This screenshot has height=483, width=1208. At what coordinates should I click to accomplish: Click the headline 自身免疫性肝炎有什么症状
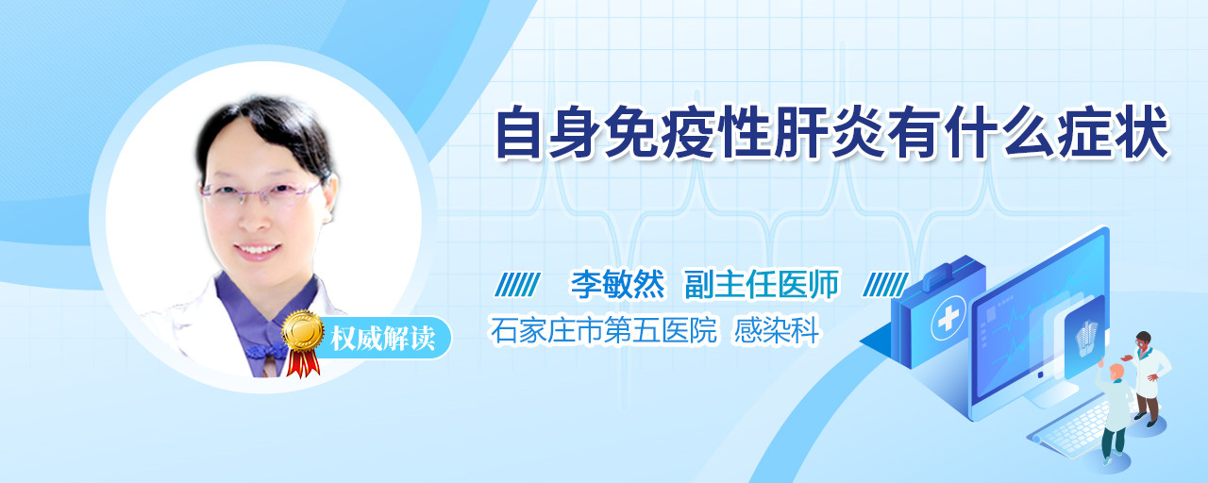point(831,133)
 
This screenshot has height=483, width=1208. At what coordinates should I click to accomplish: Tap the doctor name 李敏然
point(618,285)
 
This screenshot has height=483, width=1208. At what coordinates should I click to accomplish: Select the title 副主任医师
point(762,285)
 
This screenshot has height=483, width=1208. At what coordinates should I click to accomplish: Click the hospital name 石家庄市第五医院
point(603,330)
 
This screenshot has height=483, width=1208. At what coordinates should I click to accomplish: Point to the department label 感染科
point(776,330)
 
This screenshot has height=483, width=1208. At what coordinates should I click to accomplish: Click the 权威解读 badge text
point(383,339)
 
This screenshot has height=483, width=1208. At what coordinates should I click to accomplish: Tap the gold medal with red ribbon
point(304,341)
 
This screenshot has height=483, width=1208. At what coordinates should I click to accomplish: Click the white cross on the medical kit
point(948,319)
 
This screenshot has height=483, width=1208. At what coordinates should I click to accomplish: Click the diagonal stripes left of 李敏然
point(517,285)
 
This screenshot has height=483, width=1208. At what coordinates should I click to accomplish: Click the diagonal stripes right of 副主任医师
point(885,285)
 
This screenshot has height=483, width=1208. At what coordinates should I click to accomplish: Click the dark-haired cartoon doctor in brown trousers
point(1148,377)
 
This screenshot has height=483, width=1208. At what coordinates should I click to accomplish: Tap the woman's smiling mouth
point(259,250)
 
